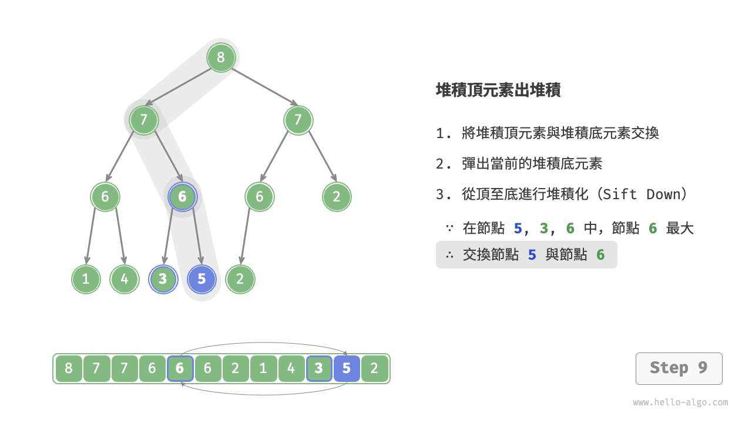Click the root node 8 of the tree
point(221,58)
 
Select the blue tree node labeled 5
point(202,279)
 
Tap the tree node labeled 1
point(86,279)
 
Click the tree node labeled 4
point(124,279)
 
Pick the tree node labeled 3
point(163,279)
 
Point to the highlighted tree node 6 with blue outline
point(182,197)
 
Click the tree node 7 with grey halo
point(143,120)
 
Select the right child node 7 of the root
point(298,120)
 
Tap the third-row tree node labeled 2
point(337,197)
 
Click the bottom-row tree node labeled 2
point(240,279)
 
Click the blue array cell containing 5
point(347,368)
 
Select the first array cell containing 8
point(69,368)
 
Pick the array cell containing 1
point(263,368)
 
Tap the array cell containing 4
point(291,368)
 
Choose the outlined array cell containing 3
point(319,368)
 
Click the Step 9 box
point(679,368)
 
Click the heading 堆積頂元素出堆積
point(498,90)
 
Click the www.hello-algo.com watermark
point(680,402)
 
